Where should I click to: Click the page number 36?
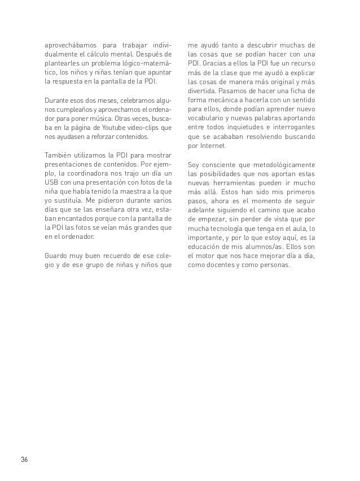coord(24,458)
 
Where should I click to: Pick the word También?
coord(59,155)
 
